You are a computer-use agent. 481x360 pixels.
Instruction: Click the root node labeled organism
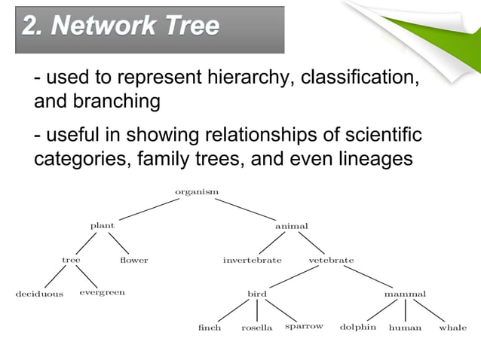tap(197, 192)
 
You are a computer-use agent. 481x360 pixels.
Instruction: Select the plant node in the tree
tap(103, 226)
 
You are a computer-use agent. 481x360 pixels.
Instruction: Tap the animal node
tap(291, 226)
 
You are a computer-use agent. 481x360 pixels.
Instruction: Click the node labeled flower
tap(133, 261)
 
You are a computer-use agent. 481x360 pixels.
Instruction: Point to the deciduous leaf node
tap(39, 294)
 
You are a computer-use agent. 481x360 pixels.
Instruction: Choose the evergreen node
tap(102, 292)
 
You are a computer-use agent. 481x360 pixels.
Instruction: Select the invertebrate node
tap(252, 261)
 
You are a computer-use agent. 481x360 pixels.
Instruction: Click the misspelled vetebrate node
tap(331, 261)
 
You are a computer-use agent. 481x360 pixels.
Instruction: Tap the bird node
tap(257, 294)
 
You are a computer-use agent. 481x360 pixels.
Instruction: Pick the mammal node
tap(405, 294)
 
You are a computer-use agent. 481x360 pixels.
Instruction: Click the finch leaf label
tap(209, 328)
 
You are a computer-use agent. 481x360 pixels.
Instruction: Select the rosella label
tap(256, 328)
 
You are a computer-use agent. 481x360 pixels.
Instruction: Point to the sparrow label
tap(305, 327)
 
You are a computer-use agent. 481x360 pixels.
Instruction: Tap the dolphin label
tap(357, 327)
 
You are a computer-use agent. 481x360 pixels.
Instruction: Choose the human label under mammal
tap(405, 328)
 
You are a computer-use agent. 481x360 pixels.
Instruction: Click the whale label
tap(452, 328)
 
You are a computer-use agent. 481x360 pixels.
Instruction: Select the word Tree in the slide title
tap(188, 27)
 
